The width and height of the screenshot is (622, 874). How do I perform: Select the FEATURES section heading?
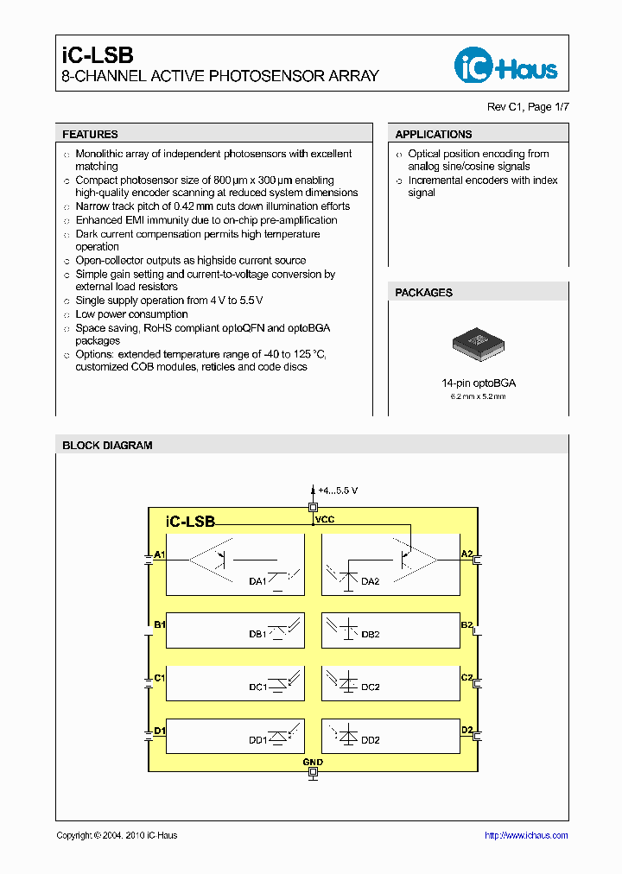click(90, 135)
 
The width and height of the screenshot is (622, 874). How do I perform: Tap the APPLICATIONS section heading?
click(433, 135)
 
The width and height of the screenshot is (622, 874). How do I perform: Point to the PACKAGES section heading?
click(423, 293)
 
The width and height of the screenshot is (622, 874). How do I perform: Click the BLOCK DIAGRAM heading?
click(107, 446)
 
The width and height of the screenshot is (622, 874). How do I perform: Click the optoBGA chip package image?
click(478, 343)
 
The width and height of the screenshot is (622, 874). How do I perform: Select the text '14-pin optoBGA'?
click(479, 383)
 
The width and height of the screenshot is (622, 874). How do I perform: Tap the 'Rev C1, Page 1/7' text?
click(529, 107)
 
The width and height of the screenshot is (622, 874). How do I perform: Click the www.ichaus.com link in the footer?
click(526, 835)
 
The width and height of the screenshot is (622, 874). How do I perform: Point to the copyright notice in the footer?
click(117, 835)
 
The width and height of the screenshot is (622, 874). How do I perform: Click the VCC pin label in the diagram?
click(324, 520)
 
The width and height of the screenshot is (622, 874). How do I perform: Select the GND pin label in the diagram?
click(313, 763)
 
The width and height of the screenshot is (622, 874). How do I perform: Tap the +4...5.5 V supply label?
click(337, 491)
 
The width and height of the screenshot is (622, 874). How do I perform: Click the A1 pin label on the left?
click(159, 554)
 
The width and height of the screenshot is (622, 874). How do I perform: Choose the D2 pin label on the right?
click(466, 731)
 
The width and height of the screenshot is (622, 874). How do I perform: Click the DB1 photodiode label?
click(257, 634)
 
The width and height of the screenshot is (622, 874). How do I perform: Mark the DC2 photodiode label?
click(370, 687)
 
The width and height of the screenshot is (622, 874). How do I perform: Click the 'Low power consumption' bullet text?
click(131, 314)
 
